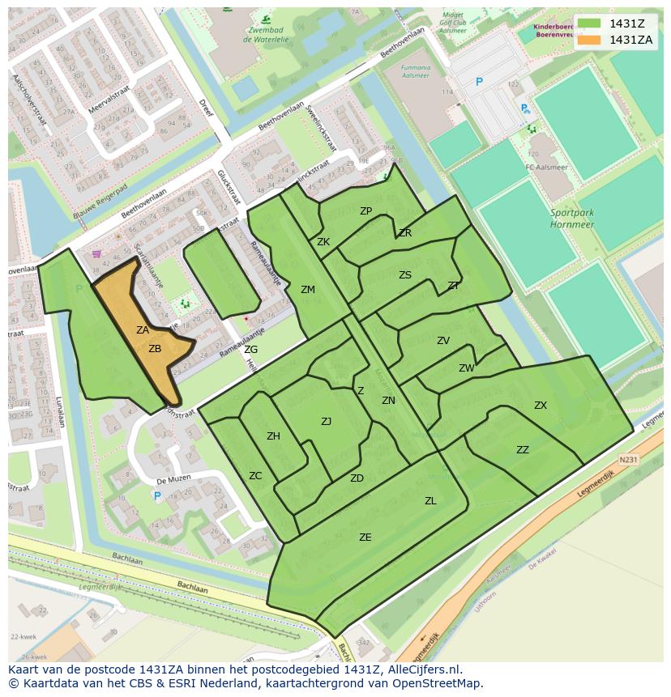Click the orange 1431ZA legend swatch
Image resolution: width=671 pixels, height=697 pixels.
(590, 40)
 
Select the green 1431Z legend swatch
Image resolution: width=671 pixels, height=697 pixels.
(590, 23)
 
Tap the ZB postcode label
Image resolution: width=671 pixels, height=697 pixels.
(155, 349)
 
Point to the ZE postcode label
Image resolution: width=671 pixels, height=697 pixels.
(365, 537)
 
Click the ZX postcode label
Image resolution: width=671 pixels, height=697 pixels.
(541, 406)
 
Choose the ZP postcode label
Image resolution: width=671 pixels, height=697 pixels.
(365, 211)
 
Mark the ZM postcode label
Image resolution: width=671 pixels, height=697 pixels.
(308, 289)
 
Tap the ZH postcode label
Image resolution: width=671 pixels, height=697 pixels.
(273, 436)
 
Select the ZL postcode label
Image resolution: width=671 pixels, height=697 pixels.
(430, 501)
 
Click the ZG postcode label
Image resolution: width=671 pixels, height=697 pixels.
(251, 350)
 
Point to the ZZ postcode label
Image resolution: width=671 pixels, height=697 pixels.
(523, 450)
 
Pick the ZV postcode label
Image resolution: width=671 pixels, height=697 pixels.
(443, 341)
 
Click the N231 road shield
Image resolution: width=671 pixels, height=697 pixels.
(628, 460)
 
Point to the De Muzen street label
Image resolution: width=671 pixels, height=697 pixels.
(173, 478)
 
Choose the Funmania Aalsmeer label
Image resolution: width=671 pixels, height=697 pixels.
(416, 73)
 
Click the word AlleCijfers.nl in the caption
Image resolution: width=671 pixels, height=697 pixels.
(421, 669)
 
